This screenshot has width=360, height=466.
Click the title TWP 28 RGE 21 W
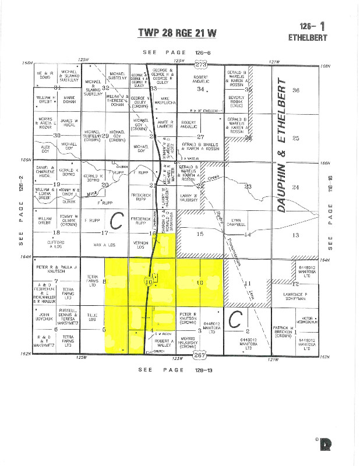coord(177,33)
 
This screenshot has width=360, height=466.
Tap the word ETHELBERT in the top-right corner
coord(308,38)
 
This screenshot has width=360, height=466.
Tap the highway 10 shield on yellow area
coord(150,281)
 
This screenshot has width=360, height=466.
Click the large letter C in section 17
coord(117,221)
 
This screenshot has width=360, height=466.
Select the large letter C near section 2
coord(235,320)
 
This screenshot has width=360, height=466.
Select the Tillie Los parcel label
coord(91,318)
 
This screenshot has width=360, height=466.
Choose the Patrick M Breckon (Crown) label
coord(285,333)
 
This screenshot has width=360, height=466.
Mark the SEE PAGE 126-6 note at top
coord(177,52)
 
